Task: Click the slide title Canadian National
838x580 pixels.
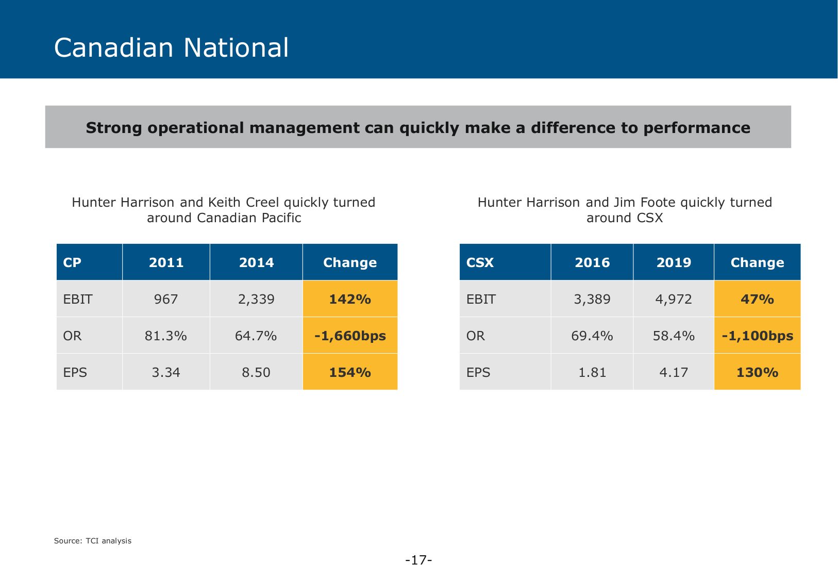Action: (171, 47)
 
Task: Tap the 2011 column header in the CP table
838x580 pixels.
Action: (166, 262)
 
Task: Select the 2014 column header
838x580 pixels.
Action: (256, 262)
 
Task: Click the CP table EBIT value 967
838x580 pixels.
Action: (166, 299)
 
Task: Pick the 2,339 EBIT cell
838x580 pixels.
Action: (256, 299)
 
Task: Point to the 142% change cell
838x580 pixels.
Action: (350, 299)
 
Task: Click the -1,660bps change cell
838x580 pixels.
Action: (350, 336)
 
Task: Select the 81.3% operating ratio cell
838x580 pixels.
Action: (166, 336)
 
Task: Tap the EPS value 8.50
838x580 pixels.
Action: (256, 372)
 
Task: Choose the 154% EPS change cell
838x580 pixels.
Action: (350, 372)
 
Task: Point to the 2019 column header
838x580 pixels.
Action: (674, 262)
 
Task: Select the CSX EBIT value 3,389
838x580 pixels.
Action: (592, 299)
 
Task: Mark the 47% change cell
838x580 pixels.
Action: (757, 299)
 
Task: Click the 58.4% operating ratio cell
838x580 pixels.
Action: (674, 336)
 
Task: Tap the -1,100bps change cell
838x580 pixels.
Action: (757, 336)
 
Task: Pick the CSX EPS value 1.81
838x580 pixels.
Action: (592, 372)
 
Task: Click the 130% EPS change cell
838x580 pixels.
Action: (757, 372)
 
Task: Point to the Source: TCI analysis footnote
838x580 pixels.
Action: (93, 541)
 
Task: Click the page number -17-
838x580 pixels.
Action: (418, 560)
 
